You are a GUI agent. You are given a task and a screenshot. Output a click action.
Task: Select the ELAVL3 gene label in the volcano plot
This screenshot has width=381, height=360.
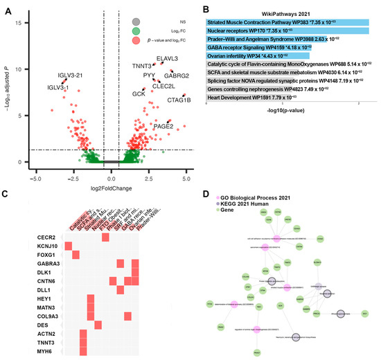click(168, 59)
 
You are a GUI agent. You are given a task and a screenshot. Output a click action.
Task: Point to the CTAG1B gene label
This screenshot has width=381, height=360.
click(179, 100)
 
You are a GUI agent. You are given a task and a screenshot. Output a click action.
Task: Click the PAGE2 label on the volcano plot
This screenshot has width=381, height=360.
click(163, 126)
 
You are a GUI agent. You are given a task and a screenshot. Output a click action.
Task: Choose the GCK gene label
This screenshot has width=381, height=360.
click(139, 93)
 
